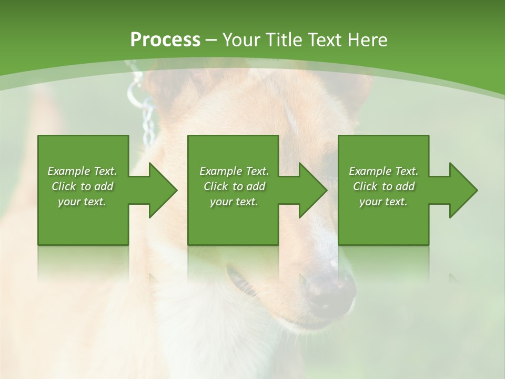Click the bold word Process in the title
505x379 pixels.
pyautogui.click(x=165, y=40)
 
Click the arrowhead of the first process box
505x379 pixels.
pyautogui.click(x=161, y=190)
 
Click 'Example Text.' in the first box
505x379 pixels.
pyautogui.click(x=82, y=171)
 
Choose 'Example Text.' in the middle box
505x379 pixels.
pyautogui.click(x=234, y=171)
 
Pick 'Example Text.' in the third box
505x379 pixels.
pyautogui.click(x=383, y=171)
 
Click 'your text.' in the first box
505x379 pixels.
pyautogui.click(x=82, y=202)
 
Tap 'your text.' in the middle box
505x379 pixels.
pyautogui.click(x=234, y=202)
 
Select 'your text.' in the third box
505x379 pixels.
pyautogui.click(x=383, y=202)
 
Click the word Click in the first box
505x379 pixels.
pyautogui.click(x=64, y=186)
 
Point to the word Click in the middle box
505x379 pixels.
pyautogui.click(x=216, y=186)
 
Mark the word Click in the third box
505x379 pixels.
pyautogui.click(x=365, y=186)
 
